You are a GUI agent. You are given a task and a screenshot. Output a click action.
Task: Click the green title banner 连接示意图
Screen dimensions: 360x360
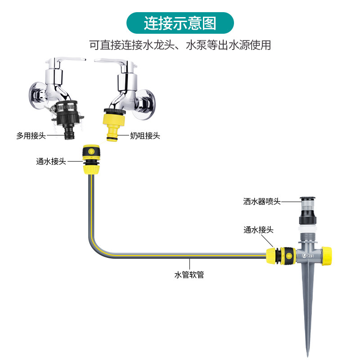pyautogui.click(x=180, y=23)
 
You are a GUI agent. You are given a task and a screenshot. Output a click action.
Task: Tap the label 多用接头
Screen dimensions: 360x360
pyautogui.click(x=31, y=135)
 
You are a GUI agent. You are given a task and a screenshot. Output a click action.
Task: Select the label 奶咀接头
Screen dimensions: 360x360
pyautogui.click(x=145, y=135)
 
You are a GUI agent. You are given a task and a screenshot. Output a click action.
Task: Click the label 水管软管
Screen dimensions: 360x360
pyautogui.click(x=189, y=274)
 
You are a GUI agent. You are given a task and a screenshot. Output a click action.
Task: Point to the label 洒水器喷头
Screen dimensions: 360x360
pyautogui.click(x=262, y=201)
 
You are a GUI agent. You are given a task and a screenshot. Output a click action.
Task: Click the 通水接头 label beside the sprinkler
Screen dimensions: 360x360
pyautogui.click(x=259, y=229)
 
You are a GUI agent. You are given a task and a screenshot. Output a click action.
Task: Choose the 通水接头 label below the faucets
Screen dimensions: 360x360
pyautogui.click(x=51, y=161)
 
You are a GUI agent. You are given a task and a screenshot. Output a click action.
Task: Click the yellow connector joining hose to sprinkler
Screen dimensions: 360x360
pyautogui.click(x=278, y=255)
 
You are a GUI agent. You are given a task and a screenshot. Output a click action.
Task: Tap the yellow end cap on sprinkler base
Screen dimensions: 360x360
pyautogui.click(x=327, y=255)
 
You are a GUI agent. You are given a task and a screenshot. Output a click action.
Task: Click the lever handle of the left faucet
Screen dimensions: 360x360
pyautogui.click(x=67, y=59)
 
